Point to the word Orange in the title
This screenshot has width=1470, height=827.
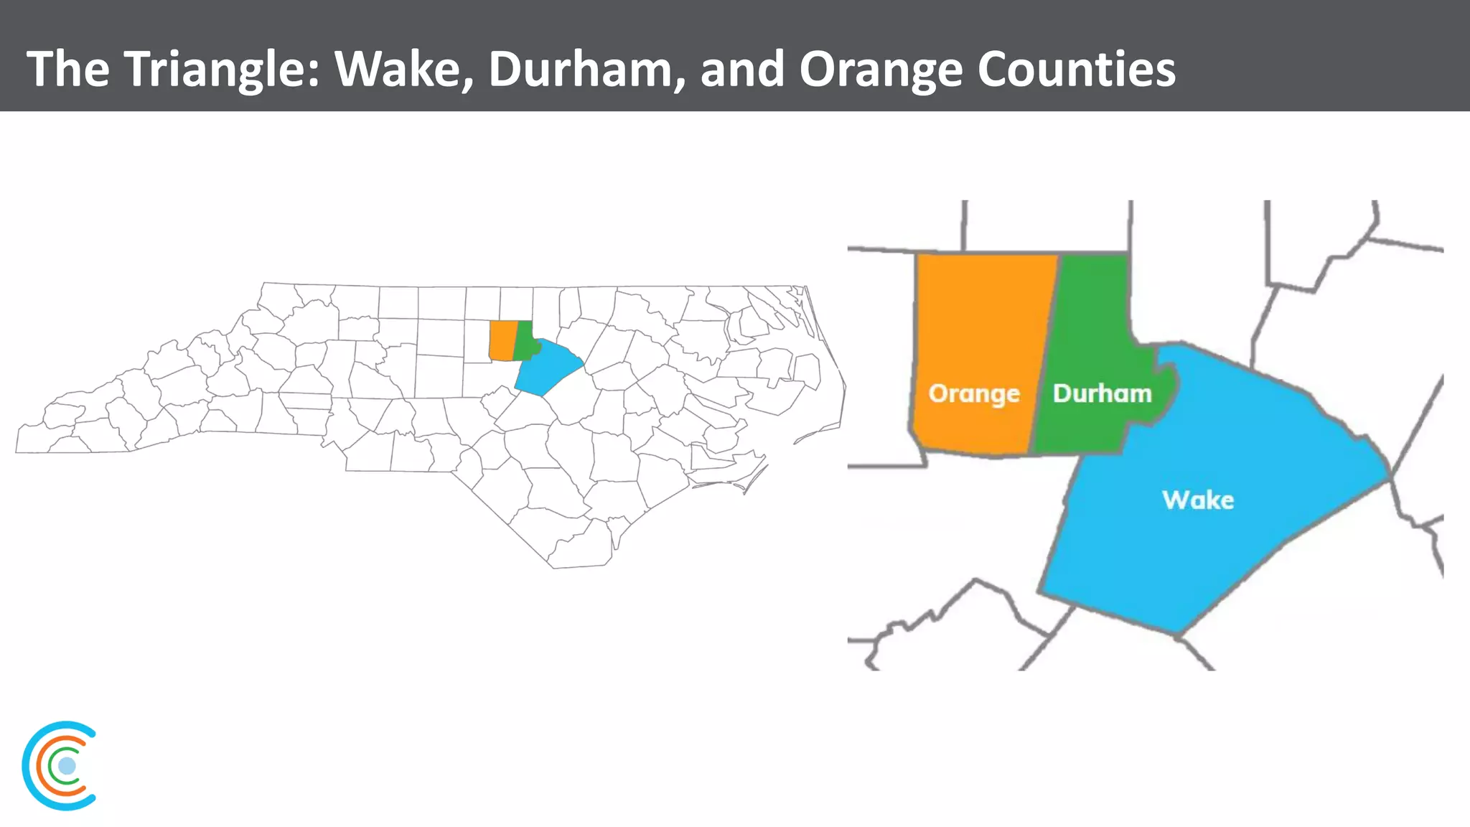click(x=881, y=69)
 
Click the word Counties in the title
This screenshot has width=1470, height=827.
click(x=1077, y=69)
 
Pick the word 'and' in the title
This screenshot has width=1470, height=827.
click(x=742, y=69)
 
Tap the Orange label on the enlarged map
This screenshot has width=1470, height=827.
click(x=974, y=393)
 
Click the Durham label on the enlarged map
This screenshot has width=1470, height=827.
click(x=1102, y=393)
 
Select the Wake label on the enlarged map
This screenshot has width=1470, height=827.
click(x=1198, y=500)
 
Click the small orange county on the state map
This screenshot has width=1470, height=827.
click(x=502, y=340)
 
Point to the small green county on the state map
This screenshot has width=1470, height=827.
click(x=525, y=342)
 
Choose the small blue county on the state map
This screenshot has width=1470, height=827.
click(x=549, y=368)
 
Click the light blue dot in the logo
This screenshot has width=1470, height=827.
click(x=67, y=766)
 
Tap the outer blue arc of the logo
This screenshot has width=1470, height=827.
click(x=27, y=766)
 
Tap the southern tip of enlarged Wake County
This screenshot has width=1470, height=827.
click(x=1176, y=632)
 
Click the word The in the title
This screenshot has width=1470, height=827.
click(x=68, y=69)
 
